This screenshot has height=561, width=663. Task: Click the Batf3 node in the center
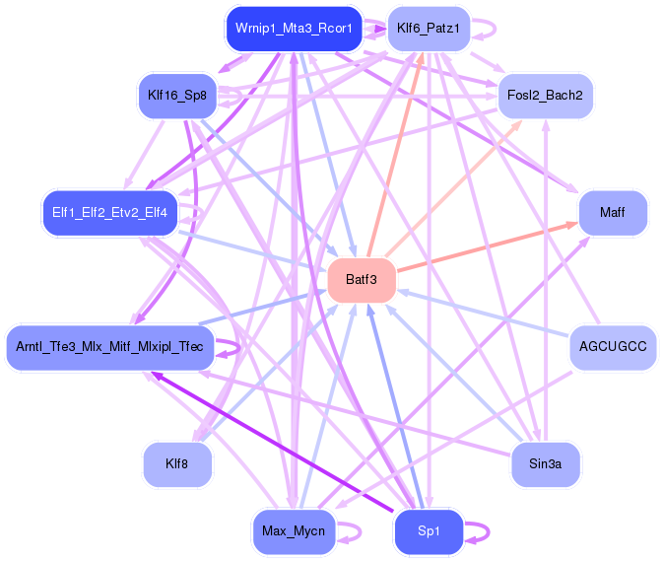tap(362, 280)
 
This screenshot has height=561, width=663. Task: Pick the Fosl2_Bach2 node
tap(545, 96)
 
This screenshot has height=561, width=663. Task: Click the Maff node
tap(612, 213)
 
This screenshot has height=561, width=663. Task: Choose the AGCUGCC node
tap(613, 347)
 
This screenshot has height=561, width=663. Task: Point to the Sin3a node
tap(545, 464)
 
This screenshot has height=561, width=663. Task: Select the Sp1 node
tap(429, 532)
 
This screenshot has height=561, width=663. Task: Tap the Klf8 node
tap(177, 464)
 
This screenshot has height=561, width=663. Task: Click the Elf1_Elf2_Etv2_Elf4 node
tap(109, 212)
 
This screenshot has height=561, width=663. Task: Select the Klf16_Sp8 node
tap(177, 96)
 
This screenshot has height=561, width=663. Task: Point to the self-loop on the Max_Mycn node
tap(346, 532)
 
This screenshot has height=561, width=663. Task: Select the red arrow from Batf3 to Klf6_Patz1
tap(394, 158)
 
